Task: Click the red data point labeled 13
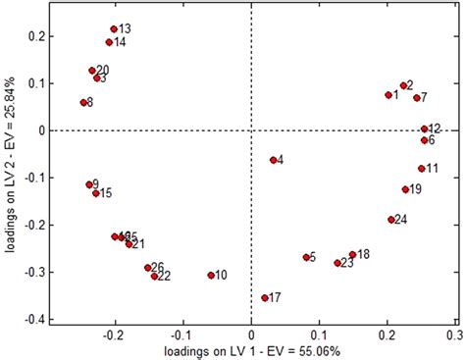click(x=114, y=29)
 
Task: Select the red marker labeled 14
click(x=109, y=42)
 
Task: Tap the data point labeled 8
click(x=83, y=102)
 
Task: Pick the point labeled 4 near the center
click(x=274, y=160)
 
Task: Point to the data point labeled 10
click(x=211, y=276)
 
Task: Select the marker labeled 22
click(x=154, y=277)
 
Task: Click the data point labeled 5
click(x=306, y=257)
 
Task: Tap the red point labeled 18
click(x=352, y=255)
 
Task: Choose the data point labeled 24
click(x=390, y=220)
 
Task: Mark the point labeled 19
click(x=405, y=189)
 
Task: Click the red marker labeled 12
click(x=424, y=129)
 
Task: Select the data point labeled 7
click(x=416, y=98)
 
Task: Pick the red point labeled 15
click(x=96, y=193)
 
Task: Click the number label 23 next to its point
click(x=347, y=263)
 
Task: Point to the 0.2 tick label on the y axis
click(x=34, y=36)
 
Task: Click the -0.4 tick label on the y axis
click(x=32, y=319)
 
